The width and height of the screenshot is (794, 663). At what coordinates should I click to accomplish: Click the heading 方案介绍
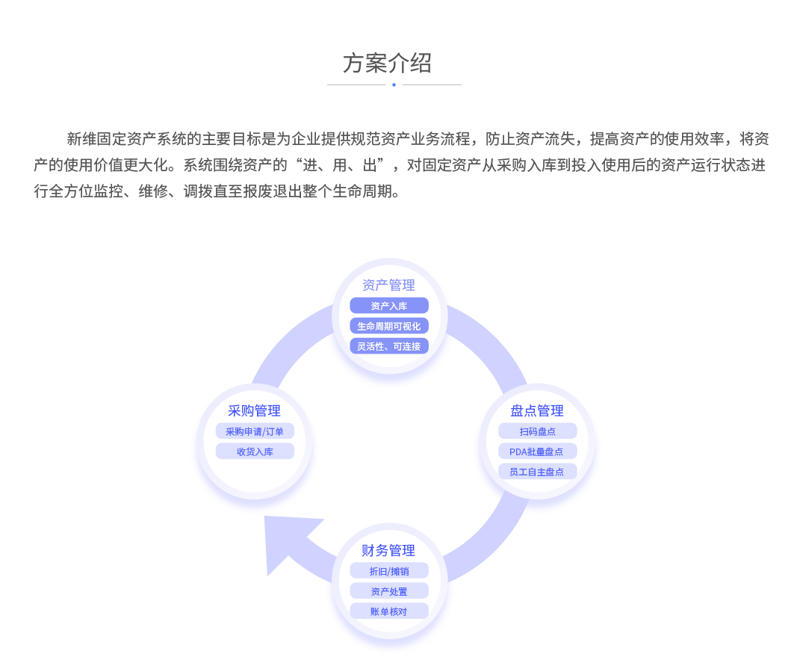click(x=387, y=64)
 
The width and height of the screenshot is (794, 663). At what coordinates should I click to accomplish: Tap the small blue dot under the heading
click(x=394, y=84)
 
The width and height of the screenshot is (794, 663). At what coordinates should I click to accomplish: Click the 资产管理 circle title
click(x=388, y=285)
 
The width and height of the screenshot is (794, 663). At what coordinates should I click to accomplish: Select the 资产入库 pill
click(x=388, y=306)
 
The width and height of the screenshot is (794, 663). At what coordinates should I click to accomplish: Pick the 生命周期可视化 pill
click(x=388, y=326)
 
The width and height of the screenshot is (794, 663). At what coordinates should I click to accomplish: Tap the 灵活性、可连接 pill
click(x=388, y=346)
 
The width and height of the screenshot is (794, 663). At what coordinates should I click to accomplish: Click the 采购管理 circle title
click(x=254, y=410)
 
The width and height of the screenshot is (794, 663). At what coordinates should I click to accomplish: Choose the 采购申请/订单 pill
click(x=255, y=431)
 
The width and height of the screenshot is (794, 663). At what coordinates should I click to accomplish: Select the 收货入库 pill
click(x=255, y=451)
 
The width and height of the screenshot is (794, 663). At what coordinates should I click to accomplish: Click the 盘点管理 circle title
click(x=537, y=410)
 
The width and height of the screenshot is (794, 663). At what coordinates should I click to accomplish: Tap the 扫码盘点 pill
click(x=537, y=431)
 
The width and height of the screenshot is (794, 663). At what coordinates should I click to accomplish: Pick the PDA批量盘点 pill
click(x=537, y=451)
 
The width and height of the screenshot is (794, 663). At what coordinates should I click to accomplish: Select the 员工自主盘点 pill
click(x=537, y=472)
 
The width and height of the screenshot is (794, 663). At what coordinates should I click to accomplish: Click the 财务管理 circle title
click(x=388, y=550)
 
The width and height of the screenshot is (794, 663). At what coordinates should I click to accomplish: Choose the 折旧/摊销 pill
click(x=388, y=571)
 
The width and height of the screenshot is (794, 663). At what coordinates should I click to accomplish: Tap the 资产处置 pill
click(x=388, y=591)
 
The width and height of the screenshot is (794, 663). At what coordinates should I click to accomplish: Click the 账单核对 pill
click(x=388, y=611)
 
